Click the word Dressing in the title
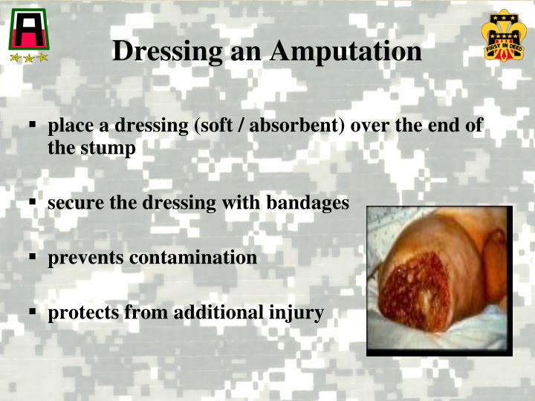(166, 51)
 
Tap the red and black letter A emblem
(27, 30)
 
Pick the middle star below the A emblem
(28, 57)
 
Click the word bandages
(311, 202)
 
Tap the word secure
(73, 202)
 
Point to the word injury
(300, 313)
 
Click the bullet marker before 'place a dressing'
(33, 126)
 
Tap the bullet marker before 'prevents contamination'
(33, 258)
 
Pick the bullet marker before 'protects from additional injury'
(33, 313)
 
